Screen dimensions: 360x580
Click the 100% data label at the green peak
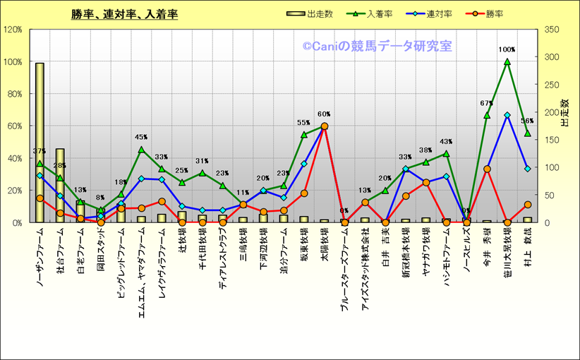pyautogui.click(x=507, y=50)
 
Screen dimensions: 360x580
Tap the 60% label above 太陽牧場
pyautogui.click(x=324, y=114)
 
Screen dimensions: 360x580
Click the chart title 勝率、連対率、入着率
pyautogui.click(x=124, y=14)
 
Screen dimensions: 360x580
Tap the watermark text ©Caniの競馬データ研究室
pyautogui.click(x=377, y=47)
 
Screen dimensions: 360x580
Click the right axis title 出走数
pyautogui.click(x=564, y=113)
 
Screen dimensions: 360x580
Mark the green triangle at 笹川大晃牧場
pyautogui.click(x=507, y=62)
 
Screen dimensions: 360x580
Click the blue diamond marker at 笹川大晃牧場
pyautogui.click(x=507, y=115)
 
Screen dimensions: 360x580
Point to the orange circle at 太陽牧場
pyautogui.click(x=324, y=126)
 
